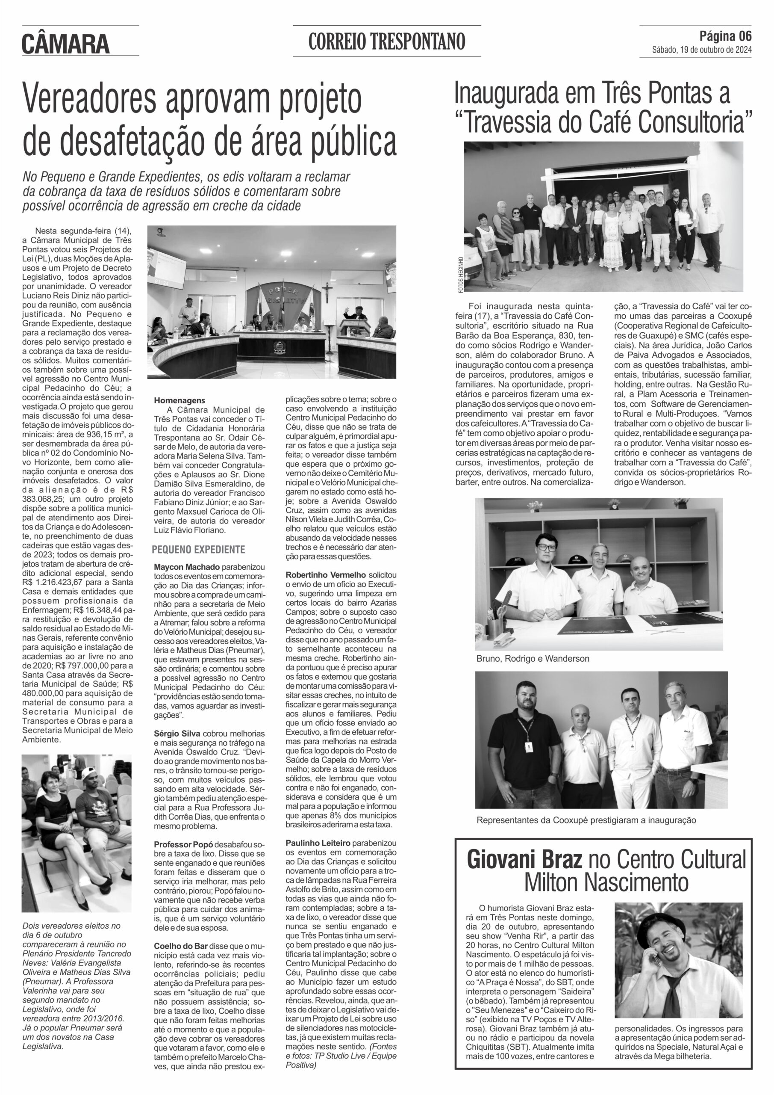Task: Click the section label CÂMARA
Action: pyautogui.click(x=66, y=44)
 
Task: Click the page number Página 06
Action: pyautogui.click(x=725, y=36)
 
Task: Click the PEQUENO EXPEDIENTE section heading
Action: pyautogui.click(x=198, y=549)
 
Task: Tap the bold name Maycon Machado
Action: pyautogui.click(x=187, y=567)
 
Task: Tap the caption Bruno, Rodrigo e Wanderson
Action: pyautogui.click(x=533, y=659)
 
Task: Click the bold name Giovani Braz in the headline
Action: pyautogui.click(x=524, y=860)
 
